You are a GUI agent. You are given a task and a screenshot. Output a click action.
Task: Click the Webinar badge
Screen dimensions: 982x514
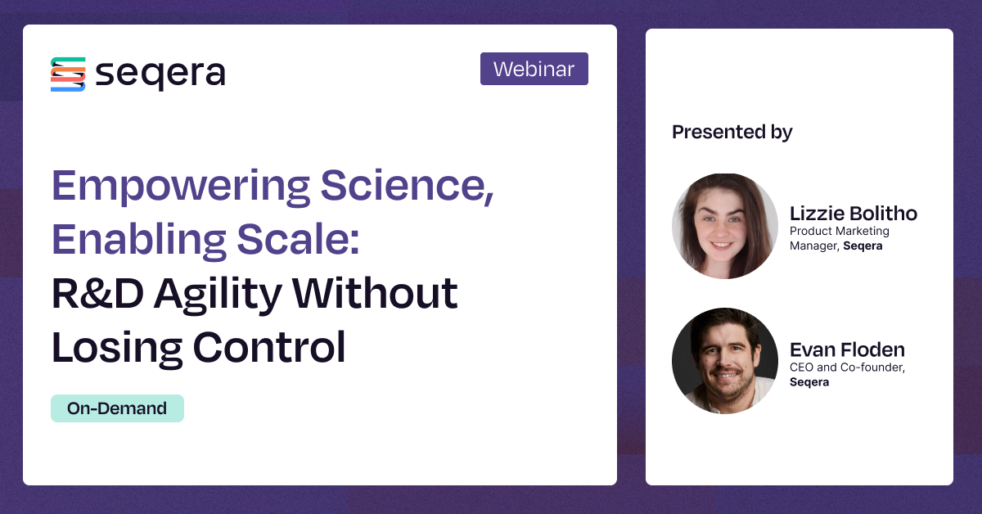coord(534,69)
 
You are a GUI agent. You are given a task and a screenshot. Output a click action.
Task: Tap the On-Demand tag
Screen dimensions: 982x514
coord(118,408)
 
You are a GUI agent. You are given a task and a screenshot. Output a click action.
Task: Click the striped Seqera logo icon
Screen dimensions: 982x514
coord(68,74)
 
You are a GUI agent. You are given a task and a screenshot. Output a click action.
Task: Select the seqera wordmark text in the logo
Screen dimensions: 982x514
coord(160,74)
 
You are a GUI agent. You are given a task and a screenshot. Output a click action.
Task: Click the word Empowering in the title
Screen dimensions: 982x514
coord(181,187)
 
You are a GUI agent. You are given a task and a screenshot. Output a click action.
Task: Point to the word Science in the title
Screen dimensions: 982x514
coord(408,186)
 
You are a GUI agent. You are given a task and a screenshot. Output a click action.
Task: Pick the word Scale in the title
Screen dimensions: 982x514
coord(298,239)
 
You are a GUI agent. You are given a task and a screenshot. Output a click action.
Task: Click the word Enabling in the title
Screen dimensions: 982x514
coord(139,241)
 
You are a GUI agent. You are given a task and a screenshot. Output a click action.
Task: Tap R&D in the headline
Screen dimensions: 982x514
coord(97,293)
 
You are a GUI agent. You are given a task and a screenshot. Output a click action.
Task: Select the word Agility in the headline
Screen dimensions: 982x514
coord(218,295)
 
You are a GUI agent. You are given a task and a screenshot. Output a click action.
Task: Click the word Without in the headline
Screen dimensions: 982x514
coord(375,293)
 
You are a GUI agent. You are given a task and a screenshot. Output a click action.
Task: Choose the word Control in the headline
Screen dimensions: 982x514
coord(269,346)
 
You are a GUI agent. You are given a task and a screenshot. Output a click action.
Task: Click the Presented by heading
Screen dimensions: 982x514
coord(732,133)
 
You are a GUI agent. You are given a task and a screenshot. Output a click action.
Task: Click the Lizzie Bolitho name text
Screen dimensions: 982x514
coord(853,214)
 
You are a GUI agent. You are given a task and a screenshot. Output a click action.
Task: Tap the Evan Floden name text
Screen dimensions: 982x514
coord(847,350)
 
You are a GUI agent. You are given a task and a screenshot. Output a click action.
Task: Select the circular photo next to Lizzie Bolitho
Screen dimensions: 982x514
coord(725,226)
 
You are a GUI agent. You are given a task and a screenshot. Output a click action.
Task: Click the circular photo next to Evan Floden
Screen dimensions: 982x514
coord(725,360)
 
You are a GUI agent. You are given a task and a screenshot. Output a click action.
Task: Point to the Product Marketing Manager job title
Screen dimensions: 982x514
coord(840,238)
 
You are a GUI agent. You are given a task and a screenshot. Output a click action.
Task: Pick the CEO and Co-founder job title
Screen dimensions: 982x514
coord(848,367)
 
